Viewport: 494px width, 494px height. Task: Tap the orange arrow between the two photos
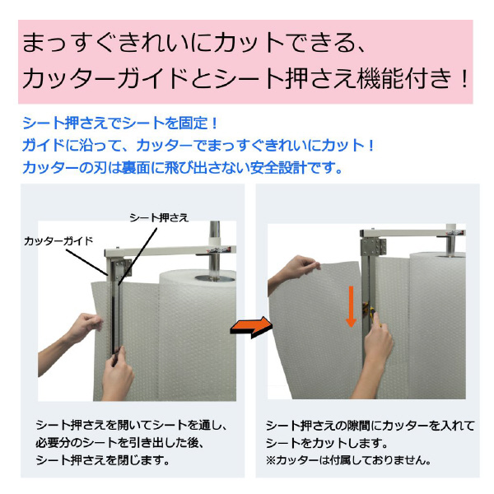249,327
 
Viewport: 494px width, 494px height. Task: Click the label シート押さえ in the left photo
160,217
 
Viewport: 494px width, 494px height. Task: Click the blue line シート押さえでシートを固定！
121,124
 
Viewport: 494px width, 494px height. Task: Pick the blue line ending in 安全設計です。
183,169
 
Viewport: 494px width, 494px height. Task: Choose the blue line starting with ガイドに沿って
199,147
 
